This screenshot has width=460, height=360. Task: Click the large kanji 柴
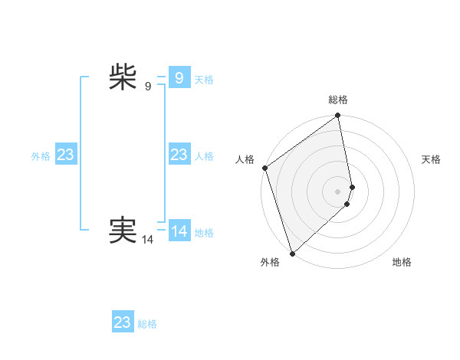[123, 77]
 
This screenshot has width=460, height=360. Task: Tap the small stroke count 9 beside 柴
[148, 87]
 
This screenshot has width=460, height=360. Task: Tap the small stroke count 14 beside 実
[148, 240]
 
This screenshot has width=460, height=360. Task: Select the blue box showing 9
[179, 78]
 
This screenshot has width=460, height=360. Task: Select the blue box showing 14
[179, 231]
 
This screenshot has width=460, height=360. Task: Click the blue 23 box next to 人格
[179, 155]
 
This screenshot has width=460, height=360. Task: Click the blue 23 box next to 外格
[65, 155]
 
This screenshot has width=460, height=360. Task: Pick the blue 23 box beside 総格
[123, 322]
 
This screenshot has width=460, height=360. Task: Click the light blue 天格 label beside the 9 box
[204, 80]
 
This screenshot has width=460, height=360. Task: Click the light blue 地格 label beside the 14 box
[204, 233]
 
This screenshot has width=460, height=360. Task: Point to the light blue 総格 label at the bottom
[147, 324]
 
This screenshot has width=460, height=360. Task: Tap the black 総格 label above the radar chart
[338, 100]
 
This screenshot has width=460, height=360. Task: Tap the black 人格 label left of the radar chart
[245, 159]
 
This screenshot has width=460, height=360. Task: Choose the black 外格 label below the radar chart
[269, 262]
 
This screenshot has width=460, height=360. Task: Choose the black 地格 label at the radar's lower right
[402, 262]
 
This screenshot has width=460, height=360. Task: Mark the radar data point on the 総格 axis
[338, 116]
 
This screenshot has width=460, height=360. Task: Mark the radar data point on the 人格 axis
[264, 168]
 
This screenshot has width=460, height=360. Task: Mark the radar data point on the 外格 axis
[292, 252]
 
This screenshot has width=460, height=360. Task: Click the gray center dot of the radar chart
[338, 191]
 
